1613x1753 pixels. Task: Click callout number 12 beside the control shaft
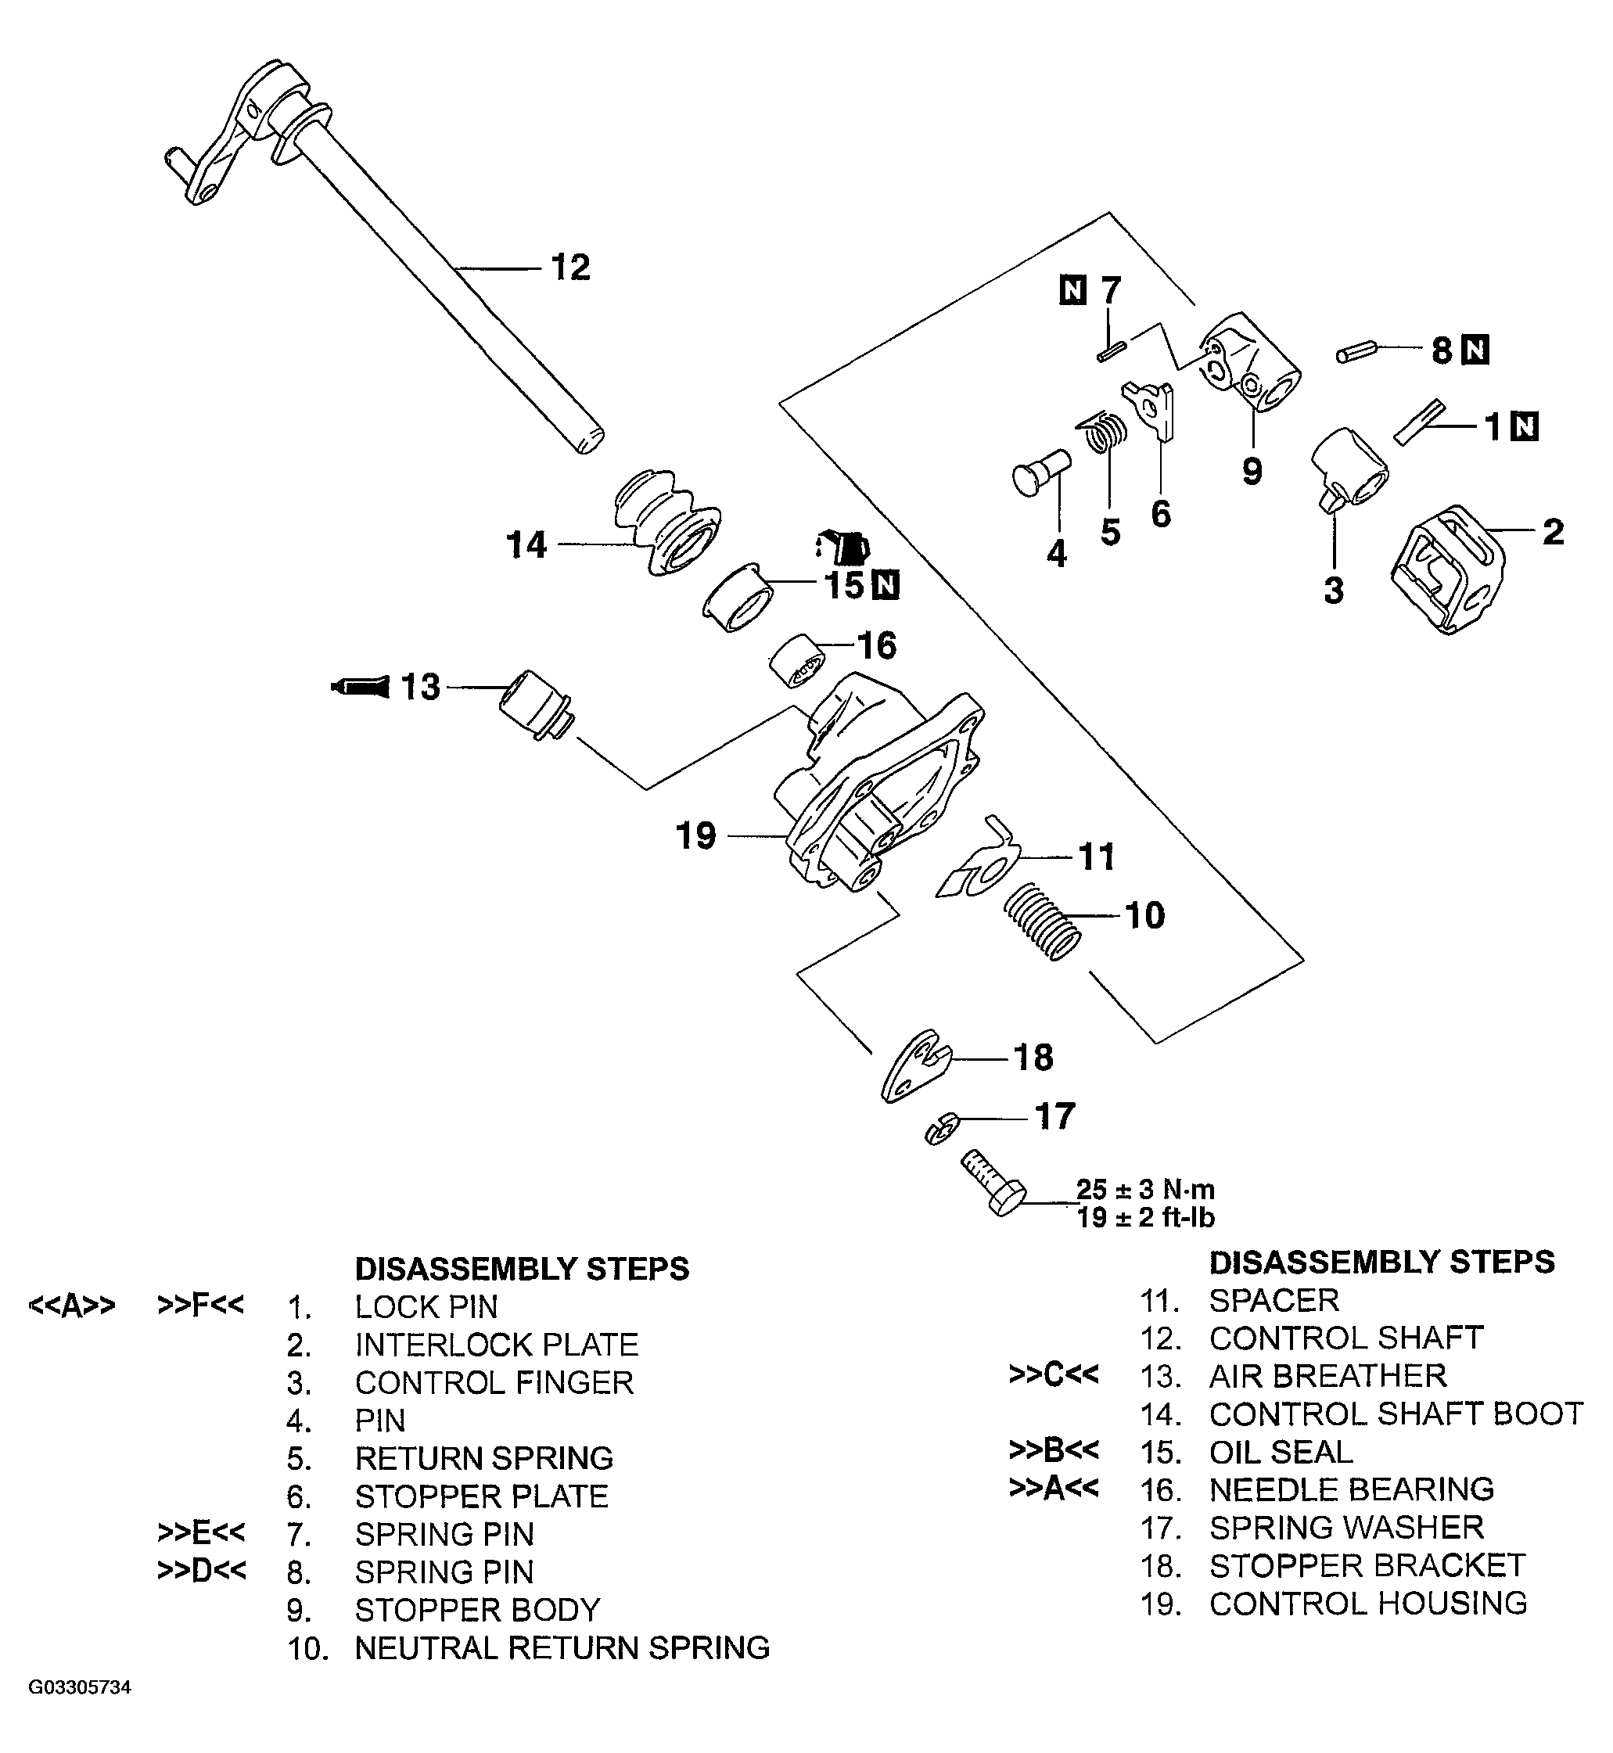(x=570, y=268)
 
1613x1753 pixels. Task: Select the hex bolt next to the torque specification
(x=994, y=1184)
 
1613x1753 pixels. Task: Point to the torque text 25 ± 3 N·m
(x=1144, y=1189)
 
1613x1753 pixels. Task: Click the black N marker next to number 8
(x=1475, y=350)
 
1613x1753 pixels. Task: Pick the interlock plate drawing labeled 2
(x=1447, y=569)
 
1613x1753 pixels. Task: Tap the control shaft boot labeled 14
(x=665, y=523)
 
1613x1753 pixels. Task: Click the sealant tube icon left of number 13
(x=360, y=686)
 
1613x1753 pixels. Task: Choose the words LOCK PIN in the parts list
(x=426, y=1307)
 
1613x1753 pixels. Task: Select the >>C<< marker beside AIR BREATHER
(x=1053, y=1374)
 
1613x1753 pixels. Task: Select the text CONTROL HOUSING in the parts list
(x=1367, y=1603)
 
